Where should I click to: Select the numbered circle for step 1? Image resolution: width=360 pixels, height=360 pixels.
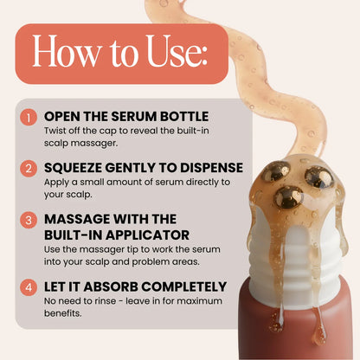click(30, 116)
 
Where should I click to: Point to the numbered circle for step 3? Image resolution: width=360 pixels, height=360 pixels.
click(30, 220)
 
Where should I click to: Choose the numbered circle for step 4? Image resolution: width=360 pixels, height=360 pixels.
click(30, 286)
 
